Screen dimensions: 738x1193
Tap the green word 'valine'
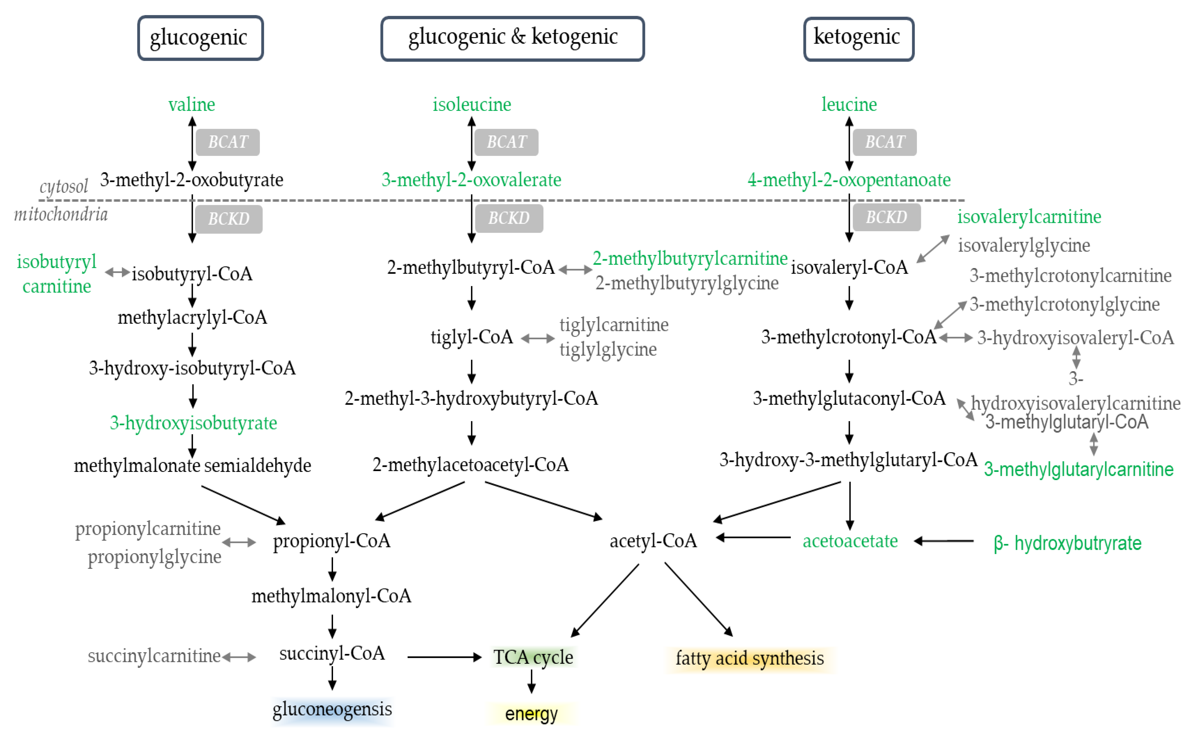[x=191, y=104]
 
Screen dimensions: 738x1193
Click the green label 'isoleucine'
[x=472, y=104]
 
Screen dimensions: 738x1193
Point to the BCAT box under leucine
[x=884, y=142]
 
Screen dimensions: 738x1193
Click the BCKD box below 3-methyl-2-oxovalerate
[x=508, y=218]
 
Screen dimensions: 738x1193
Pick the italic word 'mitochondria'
[x=61, y=214]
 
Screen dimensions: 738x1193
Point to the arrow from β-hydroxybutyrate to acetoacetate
[x=944, y=541]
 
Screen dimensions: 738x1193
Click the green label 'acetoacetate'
[x=850, y=541]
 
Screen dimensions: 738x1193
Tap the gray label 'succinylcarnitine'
[x=154, y=656]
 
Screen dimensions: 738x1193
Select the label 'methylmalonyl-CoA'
[x=331, y=596]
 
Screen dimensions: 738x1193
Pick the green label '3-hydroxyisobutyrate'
[x=193, y=423]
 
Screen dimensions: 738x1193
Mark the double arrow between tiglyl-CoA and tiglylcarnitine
[x=537, y=338]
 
